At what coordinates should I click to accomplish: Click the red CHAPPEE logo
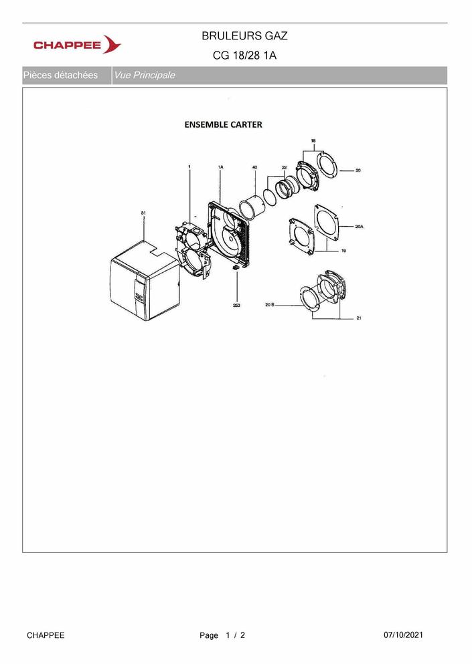click(77, 44)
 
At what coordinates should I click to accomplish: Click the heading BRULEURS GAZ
click(244, 36)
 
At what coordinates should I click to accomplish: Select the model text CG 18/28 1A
click(244, 56)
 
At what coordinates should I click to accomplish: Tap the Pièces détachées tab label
click(61, 76)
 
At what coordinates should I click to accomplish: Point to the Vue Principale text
click(145, 76)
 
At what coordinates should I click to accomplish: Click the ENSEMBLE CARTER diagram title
click(224, 124)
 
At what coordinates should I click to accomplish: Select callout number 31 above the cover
click(143, 213)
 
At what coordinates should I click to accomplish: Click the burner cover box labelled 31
click(144, 280)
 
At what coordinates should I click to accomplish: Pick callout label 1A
click(220, 167)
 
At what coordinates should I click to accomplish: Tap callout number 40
click(255, 167)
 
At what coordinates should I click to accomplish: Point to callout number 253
click(236, 305)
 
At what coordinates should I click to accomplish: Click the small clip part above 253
click(236, 269)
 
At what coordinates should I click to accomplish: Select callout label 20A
click(360, 227)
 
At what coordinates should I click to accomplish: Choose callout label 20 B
click(270, 304)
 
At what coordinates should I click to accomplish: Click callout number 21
click(359, 318)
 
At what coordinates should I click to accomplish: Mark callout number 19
click(343, 251)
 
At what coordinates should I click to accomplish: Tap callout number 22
click(284, 168)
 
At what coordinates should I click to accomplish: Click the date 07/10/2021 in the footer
click(403, 635)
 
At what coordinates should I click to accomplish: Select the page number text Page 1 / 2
click(222, 635)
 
